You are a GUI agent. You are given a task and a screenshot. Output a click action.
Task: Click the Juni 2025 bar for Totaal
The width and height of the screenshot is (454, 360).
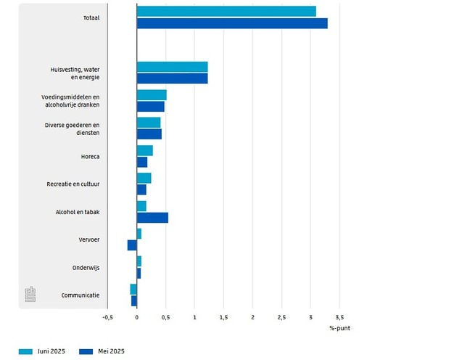coord(226,11)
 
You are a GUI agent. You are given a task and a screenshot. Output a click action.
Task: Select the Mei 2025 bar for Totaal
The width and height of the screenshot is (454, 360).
coord(232,23)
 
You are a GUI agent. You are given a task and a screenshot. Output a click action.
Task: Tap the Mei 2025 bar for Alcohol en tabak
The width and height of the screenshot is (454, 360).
coord(152,218)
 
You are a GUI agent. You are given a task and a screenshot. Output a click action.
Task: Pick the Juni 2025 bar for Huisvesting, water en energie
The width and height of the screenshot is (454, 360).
coord(173,67)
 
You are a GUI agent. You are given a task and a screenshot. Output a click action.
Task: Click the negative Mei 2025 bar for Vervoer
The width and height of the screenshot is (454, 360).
coord(132,245)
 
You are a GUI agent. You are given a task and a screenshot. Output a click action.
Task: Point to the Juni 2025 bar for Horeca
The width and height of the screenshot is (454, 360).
coord(145,150)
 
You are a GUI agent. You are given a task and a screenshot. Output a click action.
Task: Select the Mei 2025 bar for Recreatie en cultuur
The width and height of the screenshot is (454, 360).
coord(141,189)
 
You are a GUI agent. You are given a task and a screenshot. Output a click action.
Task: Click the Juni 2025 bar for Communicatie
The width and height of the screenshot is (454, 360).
coord(133,289)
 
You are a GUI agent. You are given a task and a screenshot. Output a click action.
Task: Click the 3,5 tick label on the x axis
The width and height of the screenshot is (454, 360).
coord(339,317)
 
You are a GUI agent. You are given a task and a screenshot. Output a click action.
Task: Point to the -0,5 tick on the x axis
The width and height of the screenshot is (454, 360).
coord(107,317)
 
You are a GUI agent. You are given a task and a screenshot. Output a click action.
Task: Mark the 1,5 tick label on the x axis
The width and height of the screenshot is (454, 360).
coord(223,317)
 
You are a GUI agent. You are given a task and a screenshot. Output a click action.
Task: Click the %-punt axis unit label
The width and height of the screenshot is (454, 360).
coord(339,329)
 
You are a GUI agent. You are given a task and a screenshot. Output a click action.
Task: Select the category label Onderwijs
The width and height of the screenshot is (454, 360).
coord(86,267)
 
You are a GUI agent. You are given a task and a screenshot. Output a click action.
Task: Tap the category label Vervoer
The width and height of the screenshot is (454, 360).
coord(89,240)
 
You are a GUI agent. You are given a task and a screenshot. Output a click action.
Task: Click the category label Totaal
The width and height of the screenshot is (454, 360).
coord(91,17)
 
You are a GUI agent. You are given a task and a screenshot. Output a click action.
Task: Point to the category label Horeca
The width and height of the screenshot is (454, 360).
coord(91,156)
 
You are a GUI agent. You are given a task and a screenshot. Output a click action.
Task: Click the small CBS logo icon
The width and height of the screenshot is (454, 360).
coord(30,294)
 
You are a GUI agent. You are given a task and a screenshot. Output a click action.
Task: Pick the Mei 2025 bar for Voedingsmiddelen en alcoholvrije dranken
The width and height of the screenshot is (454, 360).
coord(151,106)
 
